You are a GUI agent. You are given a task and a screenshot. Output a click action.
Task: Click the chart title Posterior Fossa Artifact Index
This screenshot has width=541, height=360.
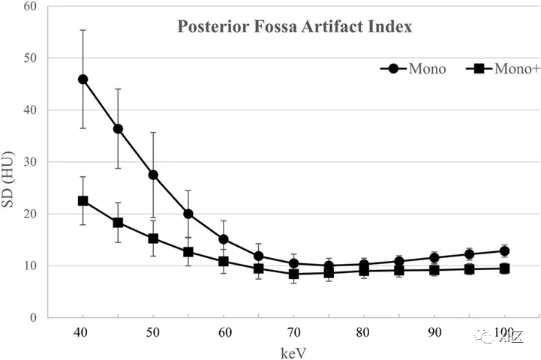(x=294, y=28)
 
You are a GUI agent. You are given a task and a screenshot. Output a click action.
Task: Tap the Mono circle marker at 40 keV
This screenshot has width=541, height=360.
(x=83, y=79)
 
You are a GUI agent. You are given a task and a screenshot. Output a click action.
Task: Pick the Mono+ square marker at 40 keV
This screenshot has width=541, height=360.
(x=83, y=201)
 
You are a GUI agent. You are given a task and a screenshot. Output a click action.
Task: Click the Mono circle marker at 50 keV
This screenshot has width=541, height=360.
(x=153, y=175)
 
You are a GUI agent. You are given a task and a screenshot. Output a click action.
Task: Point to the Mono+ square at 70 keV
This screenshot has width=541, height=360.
(x=293, y=274)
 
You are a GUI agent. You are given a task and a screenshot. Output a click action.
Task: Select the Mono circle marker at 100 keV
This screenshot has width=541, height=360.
(x=504, y=251)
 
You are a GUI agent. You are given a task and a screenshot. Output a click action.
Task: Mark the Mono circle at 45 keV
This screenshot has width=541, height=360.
(x=118, y=128)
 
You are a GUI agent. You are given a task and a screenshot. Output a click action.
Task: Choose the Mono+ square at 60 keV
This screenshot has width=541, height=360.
(x=223, y=261)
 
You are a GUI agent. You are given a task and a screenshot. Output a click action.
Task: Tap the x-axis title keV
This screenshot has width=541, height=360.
(x=293, y=349)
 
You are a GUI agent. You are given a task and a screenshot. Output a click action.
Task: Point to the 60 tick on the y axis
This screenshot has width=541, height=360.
(x=30, y=7)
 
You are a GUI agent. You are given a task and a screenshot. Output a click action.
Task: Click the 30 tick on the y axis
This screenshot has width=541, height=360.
(x=30, y=162)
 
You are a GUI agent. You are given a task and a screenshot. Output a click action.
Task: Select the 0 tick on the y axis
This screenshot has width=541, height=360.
(x=34, y=317)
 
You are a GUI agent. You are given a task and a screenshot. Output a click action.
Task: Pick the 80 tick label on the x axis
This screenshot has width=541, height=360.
(x=363, y=331)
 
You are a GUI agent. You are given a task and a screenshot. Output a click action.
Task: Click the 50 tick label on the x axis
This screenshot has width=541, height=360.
(x=153, y=331)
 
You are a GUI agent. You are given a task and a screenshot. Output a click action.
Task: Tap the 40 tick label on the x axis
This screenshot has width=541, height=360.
(x=83, y=331)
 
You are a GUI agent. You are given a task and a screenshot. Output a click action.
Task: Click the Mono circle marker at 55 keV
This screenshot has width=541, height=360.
(x=188, y=214)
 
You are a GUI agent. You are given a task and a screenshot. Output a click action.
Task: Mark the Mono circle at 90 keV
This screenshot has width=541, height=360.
(x=434, y=257)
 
